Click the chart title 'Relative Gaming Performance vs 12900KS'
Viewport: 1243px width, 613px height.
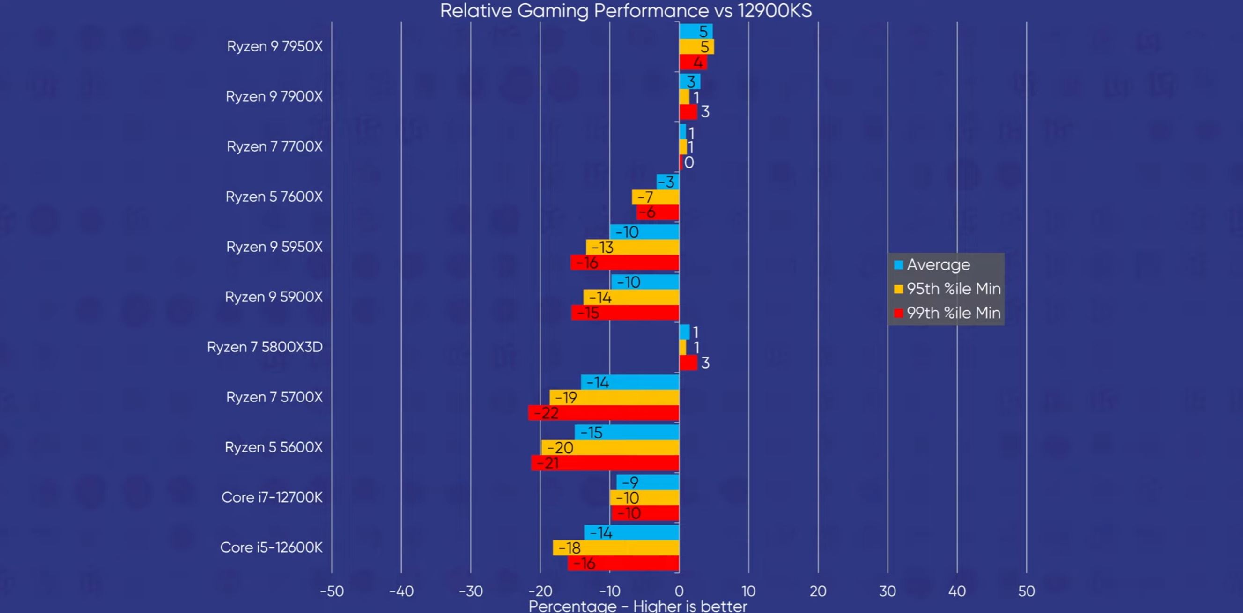[x=625, y=11]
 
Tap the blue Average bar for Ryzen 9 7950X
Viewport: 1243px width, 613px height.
[x=695, y=31]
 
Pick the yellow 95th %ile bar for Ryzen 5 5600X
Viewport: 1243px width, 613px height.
[x=610, y=447]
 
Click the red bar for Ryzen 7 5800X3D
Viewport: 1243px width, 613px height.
[x=688, y=363]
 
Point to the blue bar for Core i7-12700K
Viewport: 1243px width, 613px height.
[x=648, y=482]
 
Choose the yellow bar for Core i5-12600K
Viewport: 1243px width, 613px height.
[x=616, y=548]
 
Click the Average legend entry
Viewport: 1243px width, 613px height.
[x=938, y=265]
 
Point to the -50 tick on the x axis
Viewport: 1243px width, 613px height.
[x=332, y=591]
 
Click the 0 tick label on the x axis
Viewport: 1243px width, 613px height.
[x=679, y=591]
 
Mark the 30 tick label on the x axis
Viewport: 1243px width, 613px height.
[x=888, y=591]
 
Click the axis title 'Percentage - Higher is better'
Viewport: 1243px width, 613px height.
[x=637, y=606]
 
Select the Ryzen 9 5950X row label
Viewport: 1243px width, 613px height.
[x=274, y=247]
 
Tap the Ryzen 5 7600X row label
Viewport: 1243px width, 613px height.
[x=274, y=197]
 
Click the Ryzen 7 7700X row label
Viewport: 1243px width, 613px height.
[x=274, y=146]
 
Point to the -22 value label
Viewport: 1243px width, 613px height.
[x=546, y=413]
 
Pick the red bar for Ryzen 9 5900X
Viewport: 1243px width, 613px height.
[x=625, y=313]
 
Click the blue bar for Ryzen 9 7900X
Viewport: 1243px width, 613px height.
[x=689, y=81]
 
